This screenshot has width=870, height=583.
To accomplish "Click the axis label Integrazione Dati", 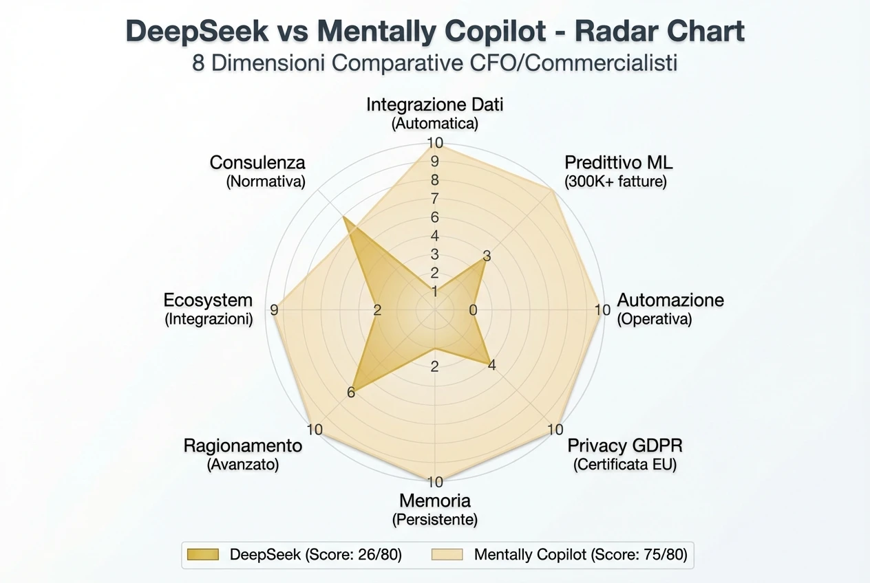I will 435,104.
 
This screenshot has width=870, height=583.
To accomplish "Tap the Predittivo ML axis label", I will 618,163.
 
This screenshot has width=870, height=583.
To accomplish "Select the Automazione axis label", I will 670,300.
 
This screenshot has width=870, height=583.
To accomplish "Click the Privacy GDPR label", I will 624,445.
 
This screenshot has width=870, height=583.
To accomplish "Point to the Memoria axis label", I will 435,500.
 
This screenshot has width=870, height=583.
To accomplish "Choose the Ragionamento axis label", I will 242,445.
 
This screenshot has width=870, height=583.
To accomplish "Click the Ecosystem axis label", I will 208,300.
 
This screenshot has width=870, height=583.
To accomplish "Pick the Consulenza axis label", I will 257,163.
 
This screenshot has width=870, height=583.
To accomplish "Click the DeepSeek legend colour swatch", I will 202,554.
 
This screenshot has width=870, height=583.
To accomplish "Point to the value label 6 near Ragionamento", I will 351,393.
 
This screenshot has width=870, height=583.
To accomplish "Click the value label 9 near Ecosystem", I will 275,310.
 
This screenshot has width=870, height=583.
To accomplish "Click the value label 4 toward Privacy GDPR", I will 491,366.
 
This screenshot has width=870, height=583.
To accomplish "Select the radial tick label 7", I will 434,199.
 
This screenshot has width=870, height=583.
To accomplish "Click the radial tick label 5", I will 434,236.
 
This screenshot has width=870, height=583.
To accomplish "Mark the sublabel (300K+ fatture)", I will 615,182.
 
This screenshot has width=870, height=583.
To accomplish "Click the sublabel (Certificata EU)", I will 624,464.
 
